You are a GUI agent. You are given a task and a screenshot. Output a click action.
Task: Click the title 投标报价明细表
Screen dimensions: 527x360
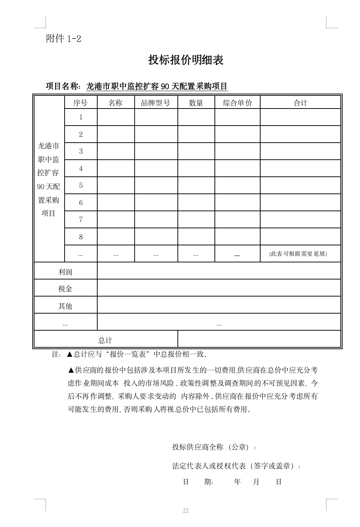click(185, 60)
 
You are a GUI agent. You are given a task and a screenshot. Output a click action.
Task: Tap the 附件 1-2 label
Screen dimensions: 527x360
click(64, 38)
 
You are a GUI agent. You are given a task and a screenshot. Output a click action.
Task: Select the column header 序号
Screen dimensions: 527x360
click(81, 103)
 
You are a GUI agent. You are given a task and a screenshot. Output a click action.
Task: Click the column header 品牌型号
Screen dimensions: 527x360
click(156, 103)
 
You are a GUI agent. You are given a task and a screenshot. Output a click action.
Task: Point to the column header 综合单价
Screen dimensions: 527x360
click(237, 103)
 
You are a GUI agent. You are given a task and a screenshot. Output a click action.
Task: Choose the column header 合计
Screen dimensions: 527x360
click(300, 103)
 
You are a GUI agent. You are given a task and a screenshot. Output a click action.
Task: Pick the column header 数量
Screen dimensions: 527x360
click(196, 103)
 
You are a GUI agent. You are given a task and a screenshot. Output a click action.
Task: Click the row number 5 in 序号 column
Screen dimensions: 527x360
click(81, 185)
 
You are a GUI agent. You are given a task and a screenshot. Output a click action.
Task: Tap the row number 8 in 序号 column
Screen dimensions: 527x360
click(81, 237)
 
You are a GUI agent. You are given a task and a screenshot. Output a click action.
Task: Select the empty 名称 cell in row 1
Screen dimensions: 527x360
click(116, 117)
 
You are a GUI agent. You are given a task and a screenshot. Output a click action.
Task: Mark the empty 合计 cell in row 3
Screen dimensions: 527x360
click(300, 151)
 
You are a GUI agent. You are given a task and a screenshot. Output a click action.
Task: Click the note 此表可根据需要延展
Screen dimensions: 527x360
click(298, 254)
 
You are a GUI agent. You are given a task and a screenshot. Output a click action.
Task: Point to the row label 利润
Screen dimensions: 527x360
click(65, 271)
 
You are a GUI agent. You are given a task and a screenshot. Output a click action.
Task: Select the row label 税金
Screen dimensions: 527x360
click(65, 289)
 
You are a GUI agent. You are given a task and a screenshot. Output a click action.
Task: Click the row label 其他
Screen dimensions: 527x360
click(65, 306)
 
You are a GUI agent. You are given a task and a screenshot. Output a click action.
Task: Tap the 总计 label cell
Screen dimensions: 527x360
click(105, 340)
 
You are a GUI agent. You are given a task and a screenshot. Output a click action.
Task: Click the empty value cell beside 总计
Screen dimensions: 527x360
click(259, 339)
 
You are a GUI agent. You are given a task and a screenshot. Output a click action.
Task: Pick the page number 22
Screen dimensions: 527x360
click(186, 511)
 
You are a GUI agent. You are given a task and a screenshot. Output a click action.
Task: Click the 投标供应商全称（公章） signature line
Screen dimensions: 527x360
click(214, 447)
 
